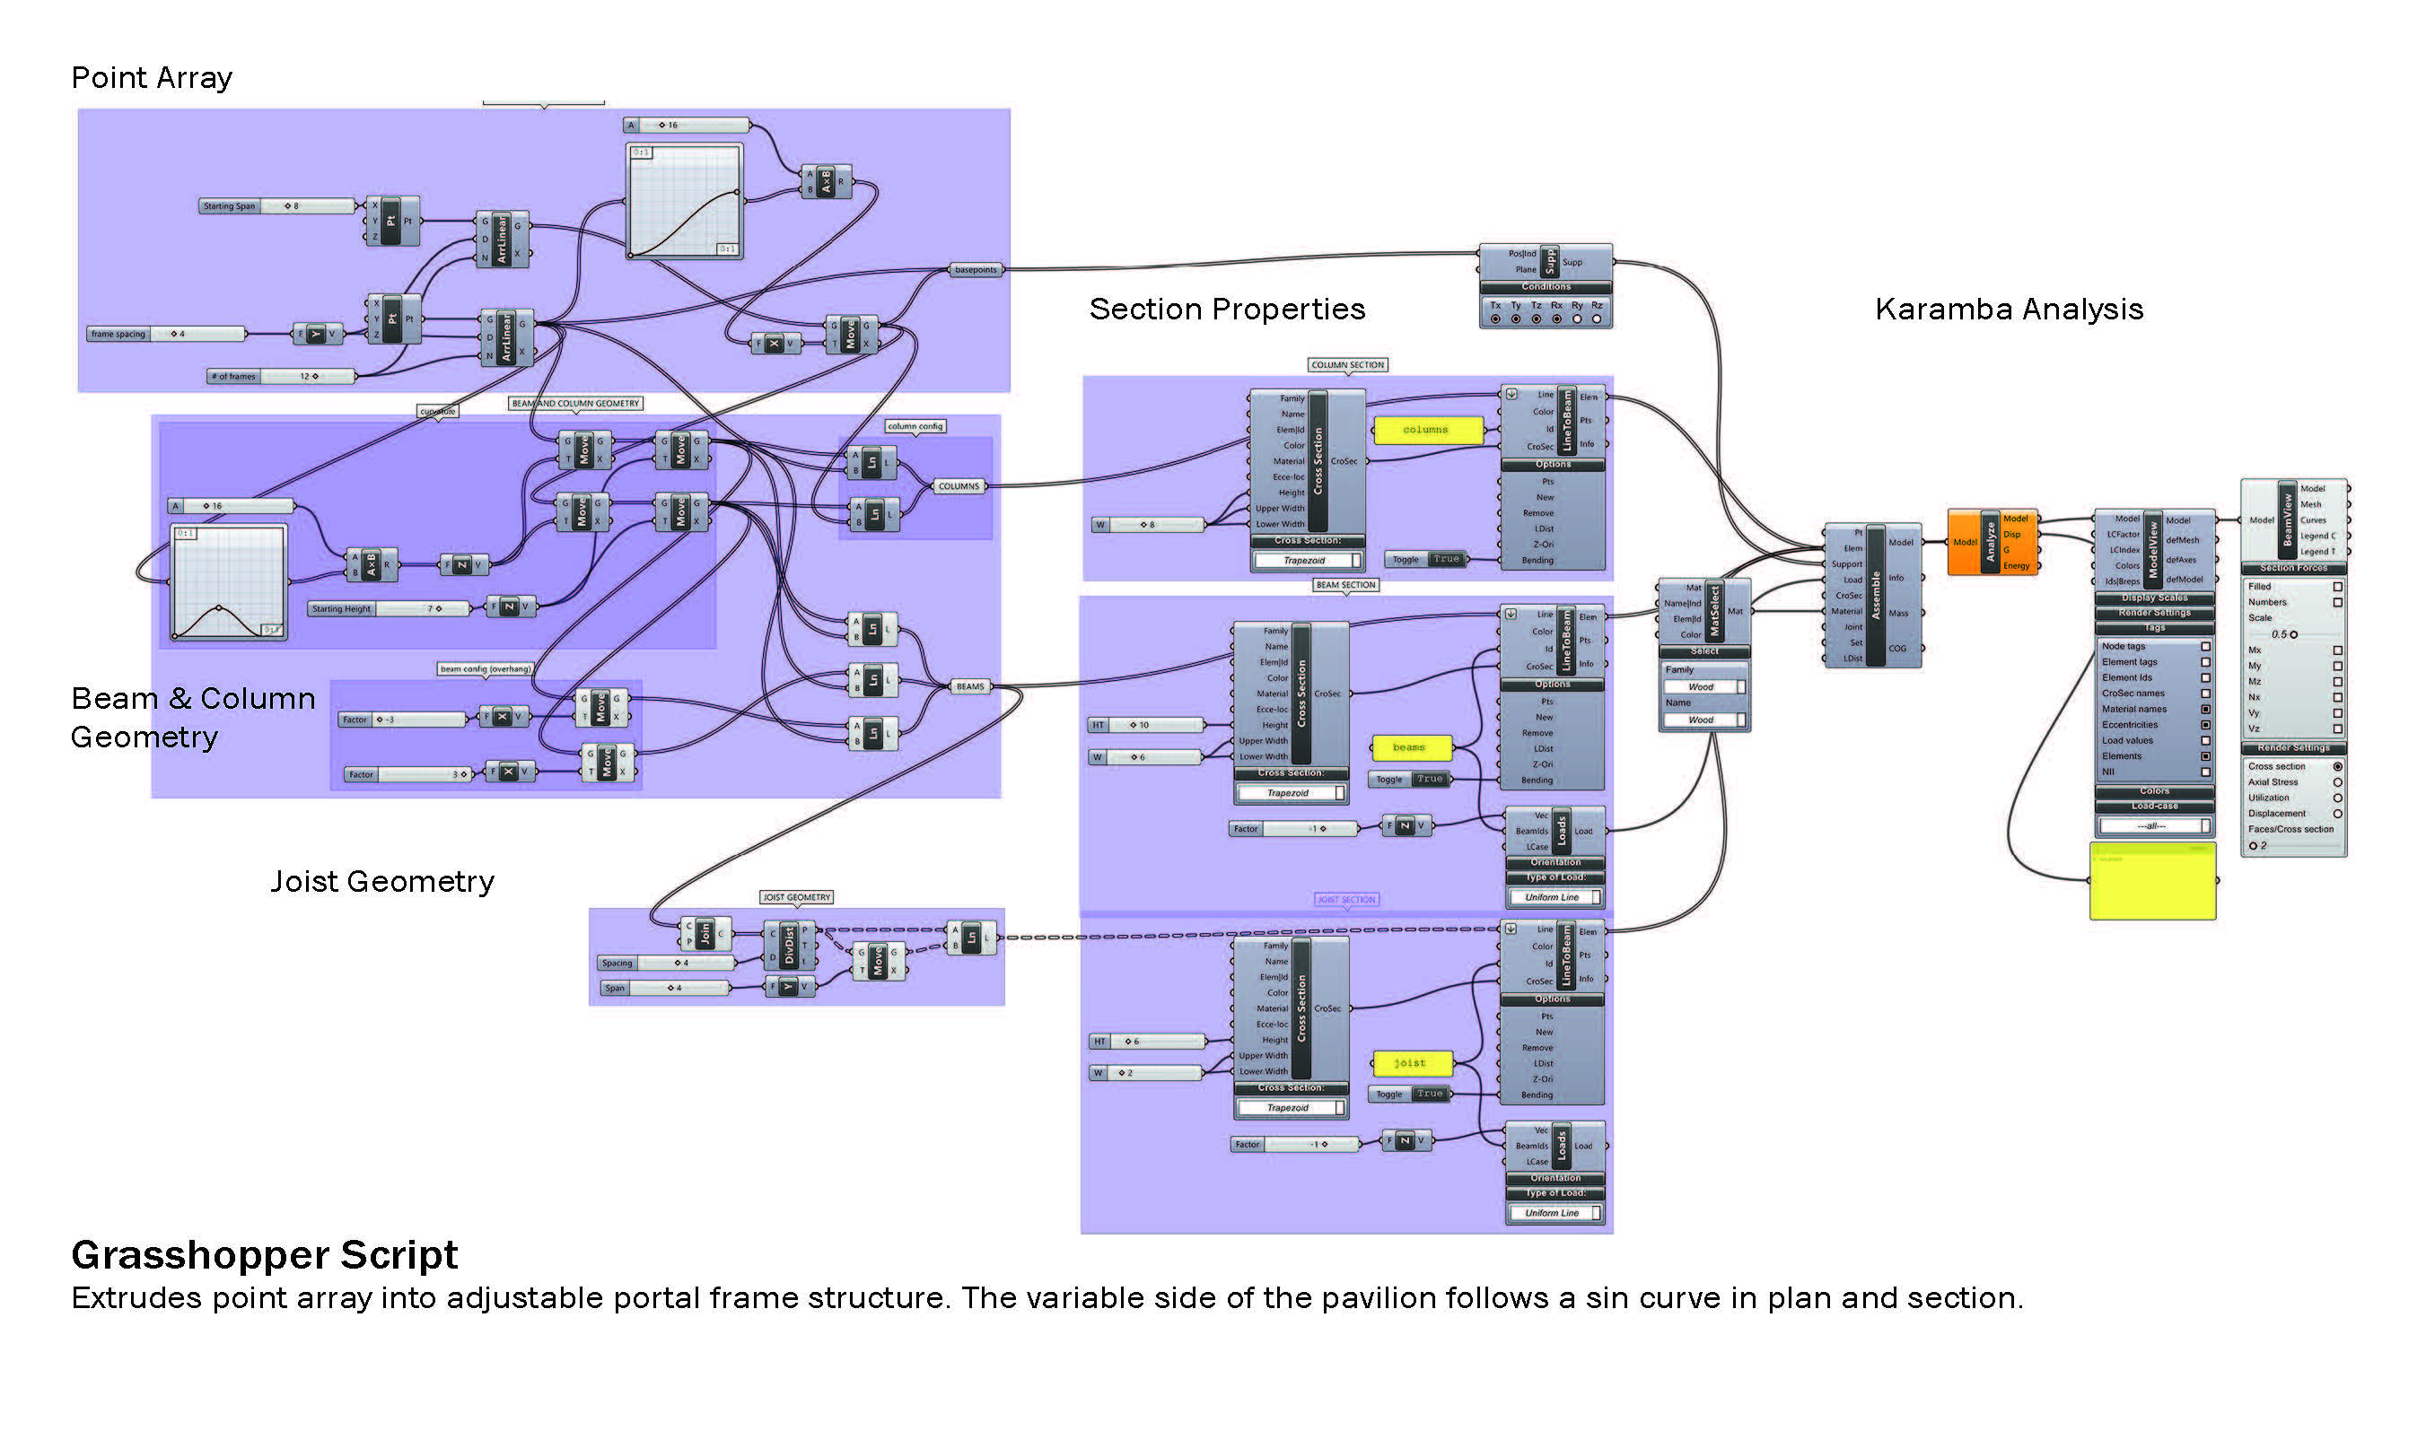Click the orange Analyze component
1991,542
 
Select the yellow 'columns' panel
1425,430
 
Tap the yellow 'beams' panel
1410,747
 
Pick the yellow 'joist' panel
1410,1062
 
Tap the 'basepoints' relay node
977,270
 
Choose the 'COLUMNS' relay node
959,487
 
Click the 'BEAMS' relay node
970,687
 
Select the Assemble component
1872,596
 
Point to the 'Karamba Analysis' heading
2009,310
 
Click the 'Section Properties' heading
1227,310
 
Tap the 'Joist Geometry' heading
382,881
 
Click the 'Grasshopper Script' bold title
264,1255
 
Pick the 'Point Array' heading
152,78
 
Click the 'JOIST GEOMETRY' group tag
797,898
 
